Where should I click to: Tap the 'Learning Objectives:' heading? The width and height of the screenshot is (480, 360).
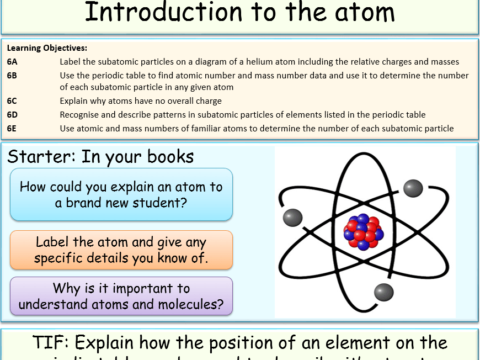point(47,48)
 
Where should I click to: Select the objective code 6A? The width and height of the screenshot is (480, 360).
point(12,62)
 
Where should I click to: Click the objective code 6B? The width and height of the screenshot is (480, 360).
point(12,75)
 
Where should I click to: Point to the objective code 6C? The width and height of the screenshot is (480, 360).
point(12,101)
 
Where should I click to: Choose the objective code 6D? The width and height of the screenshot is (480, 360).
point(12,115)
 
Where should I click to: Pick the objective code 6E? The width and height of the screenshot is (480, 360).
point(12,129)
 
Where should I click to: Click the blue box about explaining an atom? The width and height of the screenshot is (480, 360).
point(121,194)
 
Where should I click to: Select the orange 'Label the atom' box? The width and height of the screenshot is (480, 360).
point(121,250)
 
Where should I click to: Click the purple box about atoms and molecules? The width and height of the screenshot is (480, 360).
point(121,297)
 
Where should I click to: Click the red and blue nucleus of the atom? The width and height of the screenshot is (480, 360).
point(362,231)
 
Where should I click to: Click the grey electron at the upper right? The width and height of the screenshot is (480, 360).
point(413,188)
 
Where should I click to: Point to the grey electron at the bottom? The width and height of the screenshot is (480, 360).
point(383,292)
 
